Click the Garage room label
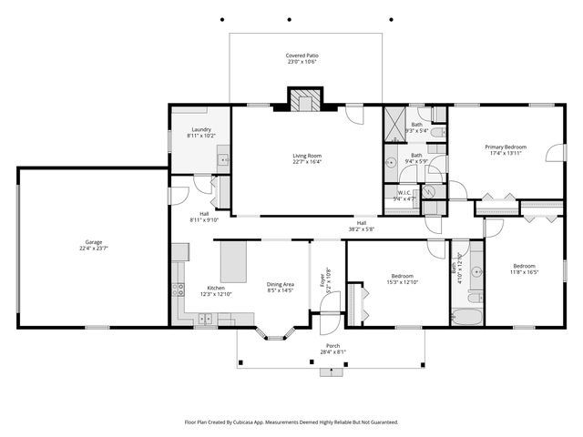pos(93,242)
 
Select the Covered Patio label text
pos(302,56)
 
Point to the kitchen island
pos(235,261)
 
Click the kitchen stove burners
pos(178,291)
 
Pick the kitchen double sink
pos(208,319)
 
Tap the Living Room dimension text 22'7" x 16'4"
pos(306,162)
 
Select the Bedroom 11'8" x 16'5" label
pos(524,269)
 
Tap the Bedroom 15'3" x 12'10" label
pos(403,279)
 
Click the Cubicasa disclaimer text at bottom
pos(291,422)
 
